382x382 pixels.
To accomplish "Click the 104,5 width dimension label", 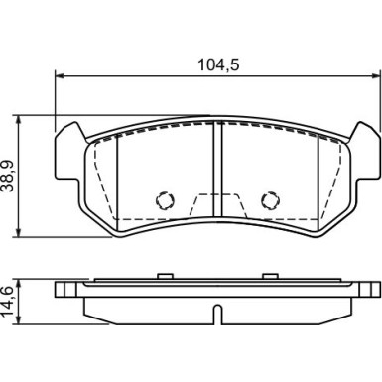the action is [218, 65].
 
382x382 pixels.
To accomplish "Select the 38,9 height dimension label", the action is [9, 176].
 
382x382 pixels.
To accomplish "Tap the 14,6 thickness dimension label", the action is [8, 301].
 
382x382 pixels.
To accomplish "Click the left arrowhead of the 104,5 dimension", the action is [59, 76].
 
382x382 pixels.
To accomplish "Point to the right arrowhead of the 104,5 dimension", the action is [376, 76].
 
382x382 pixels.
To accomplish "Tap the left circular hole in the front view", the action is [165, 200].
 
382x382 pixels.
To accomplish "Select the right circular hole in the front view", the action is [271, 200].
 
